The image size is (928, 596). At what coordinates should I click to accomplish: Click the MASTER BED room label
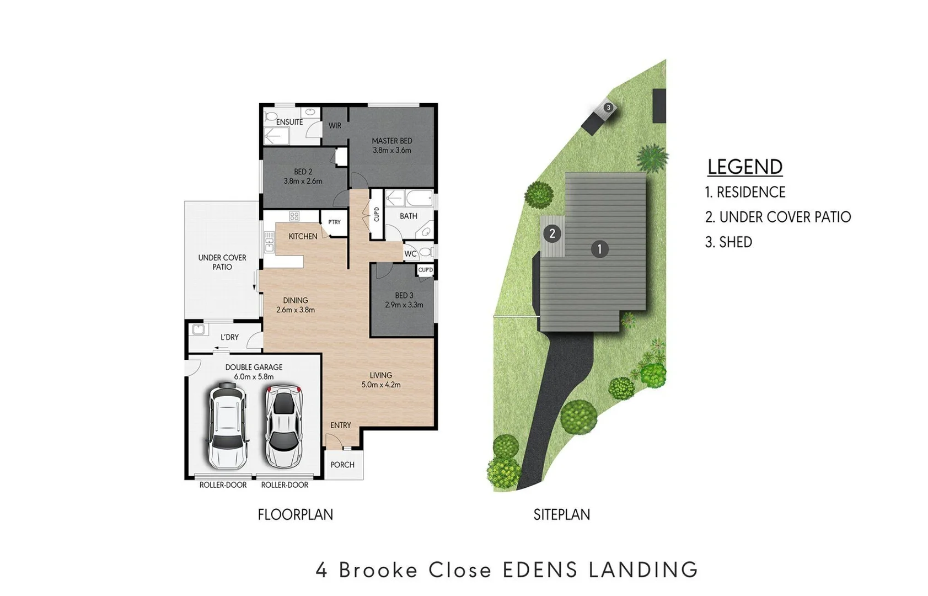pos(391,141)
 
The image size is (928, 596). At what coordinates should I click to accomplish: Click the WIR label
pos(335,126)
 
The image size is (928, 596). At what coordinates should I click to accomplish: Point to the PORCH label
pos(342,465)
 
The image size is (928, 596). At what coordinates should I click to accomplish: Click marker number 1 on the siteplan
pos(599,249)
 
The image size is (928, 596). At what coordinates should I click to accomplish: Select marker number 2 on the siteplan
pos(552,233)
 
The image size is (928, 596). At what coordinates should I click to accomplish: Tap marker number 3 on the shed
pos(608,107)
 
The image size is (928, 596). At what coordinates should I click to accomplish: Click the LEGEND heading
pos(744,167)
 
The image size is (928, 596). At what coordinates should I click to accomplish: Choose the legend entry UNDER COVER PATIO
pos(778,217)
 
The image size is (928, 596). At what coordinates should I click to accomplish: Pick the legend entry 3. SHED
pos(728,242)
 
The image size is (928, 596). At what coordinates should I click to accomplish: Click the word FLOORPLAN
pos(295,514)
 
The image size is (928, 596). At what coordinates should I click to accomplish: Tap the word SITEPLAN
pos(561,514)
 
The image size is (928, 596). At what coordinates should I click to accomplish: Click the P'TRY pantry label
pos(334,222)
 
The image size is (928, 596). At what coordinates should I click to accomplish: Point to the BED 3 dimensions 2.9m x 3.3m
pos(404,305)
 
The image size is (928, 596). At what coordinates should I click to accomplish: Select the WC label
pos(410,254)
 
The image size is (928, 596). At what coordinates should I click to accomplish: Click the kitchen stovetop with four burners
pos(294,216)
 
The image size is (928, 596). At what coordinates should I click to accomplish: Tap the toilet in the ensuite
pos(270,116)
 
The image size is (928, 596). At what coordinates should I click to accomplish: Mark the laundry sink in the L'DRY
pos(197,330)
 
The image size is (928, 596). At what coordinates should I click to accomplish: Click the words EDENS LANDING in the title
pos(600,570)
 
